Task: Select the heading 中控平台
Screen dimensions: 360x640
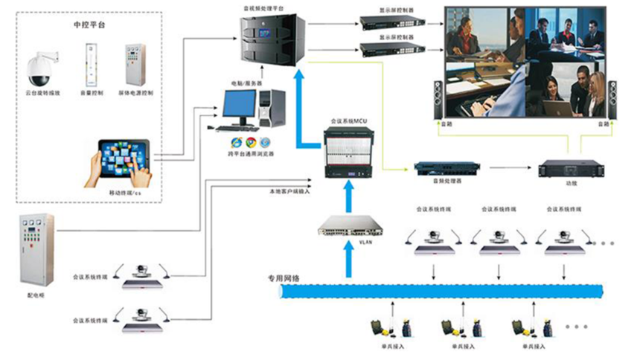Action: (89, 24)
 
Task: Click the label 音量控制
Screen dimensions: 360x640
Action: (89, 94)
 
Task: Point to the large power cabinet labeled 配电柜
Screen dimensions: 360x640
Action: (36, 249)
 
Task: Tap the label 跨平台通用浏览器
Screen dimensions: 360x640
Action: (251, 153)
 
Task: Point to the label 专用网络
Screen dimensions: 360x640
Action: (284, 278)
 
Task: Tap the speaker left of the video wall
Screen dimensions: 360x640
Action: (438, 99)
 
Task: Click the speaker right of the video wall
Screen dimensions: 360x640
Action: (612, 99)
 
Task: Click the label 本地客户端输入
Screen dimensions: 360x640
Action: (289, 191)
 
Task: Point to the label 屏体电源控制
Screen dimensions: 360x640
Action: (136, 94)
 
